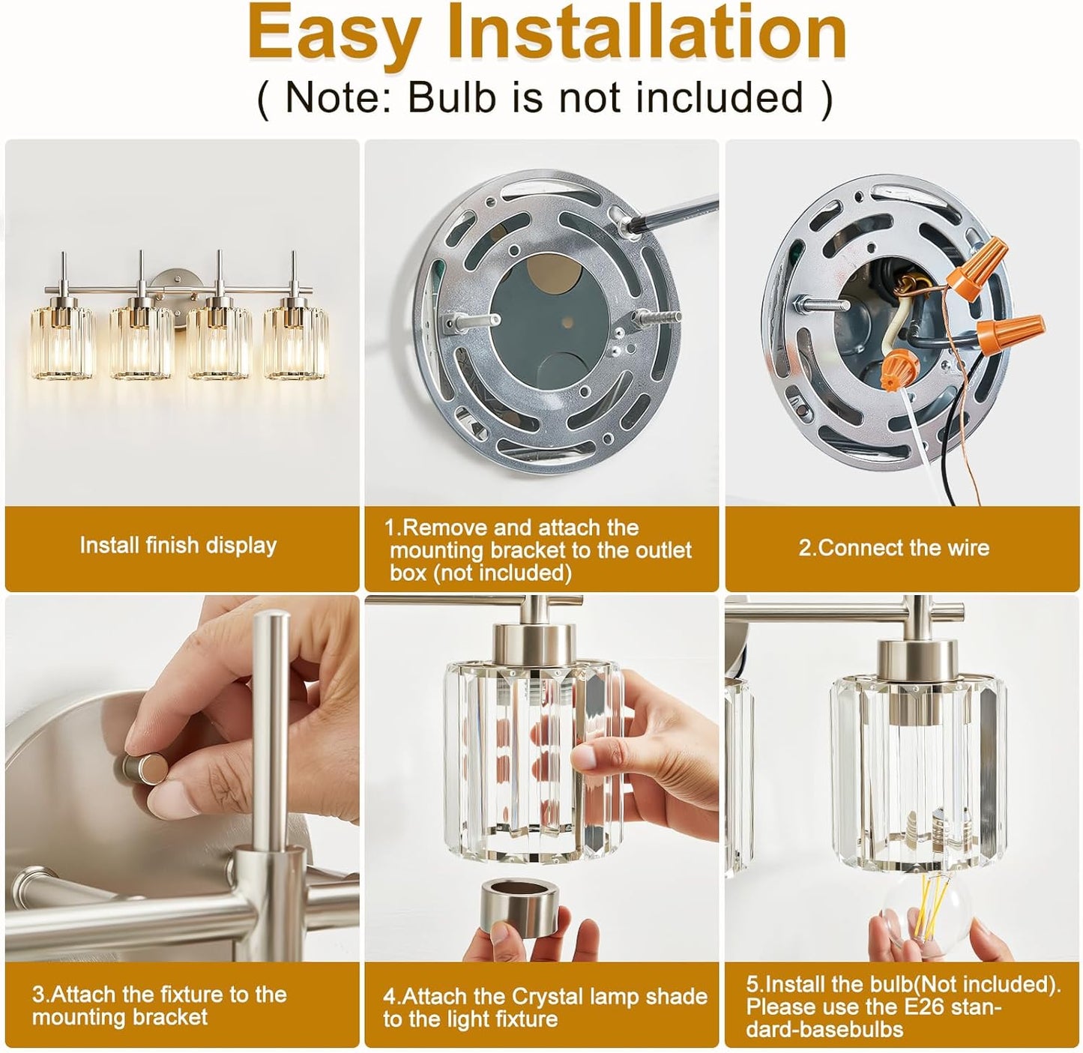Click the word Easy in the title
tap(334, 34)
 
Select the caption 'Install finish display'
tap(178, 545)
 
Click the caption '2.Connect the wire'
tap(893, 548)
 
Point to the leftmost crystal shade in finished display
tap(63, 341)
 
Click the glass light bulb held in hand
tap(925, 913)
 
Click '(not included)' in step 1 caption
tap(480, 573)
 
